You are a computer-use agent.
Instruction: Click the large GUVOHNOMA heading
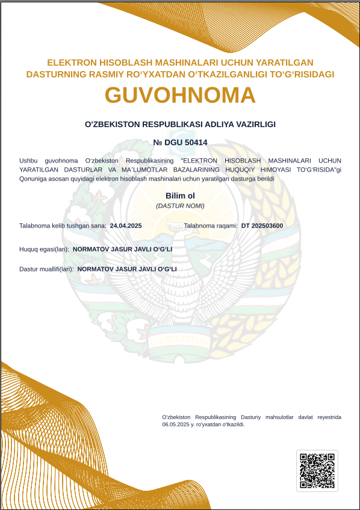pyautogui.click(x=180, y=95)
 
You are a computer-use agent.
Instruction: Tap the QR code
pyautogui.click(x=317, y=470)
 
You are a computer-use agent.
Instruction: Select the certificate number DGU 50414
pyautogui.click(x=180, y=143)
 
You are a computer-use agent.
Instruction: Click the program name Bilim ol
pyautogui.click(x=180, y=196)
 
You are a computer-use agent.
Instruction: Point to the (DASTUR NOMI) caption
pyautogui.click(x=180, y=206)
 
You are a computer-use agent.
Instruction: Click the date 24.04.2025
pyautogui.click(x=126, y=226)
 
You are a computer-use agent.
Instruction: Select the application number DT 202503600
pyautogui.click(x=262, y=226)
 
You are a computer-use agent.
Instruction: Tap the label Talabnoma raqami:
pyautogui.click(x=211, y=226)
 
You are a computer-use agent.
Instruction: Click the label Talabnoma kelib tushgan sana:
pyautogui.click(x=63, y=226)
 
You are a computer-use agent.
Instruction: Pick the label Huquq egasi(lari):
pyautogui.click(x=44, y=249)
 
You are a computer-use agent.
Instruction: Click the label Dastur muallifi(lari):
pyautogui.click(x=46, y=269)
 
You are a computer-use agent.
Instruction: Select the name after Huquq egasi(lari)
pyautogui.click(x=122, y=249)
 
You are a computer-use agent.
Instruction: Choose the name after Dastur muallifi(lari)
pyautogui.click(x=127, y=269)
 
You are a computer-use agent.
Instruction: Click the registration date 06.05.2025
pyautogui.click(x=175, y=424)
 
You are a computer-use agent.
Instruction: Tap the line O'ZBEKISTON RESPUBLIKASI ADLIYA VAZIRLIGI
pyautogui.click(x=180, y=124)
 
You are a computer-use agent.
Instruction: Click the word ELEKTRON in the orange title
pyautogui.click(x=69, y=63)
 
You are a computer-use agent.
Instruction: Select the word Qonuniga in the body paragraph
pyautogui.click(x=32, y=179)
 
